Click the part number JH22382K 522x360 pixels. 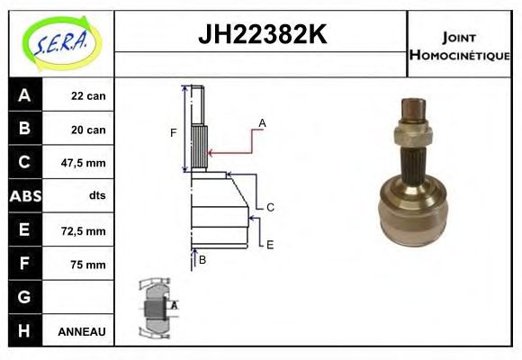pyautogui.click(x=261, y=35)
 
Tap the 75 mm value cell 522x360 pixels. pyautogui.click(x=91, y=264)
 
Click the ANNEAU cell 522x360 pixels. pyautogui.click(x=82, y=331)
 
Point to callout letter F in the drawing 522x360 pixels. pyautogui.click(x=174, y=133)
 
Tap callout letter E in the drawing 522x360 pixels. pyautogui.click(x=270, y=244)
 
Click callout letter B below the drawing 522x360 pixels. pyautogui.click(x=202, y=260)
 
